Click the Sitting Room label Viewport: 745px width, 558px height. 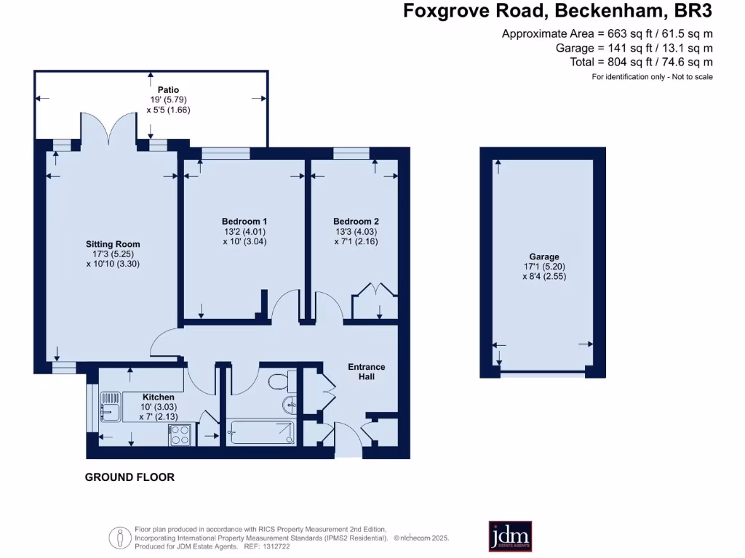[x=112, y=244]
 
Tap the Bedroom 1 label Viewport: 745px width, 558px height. [x=244, y=221]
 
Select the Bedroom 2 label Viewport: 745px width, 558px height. [x=356, y=221]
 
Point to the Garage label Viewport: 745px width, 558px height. [x=544, y=256]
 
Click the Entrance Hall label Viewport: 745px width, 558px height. [x=367, y=371]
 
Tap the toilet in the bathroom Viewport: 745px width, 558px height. [x=280, y=381]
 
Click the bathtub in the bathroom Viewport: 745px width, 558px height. [x=260, y=434]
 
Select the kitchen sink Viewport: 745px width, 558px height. [x=110, y=408]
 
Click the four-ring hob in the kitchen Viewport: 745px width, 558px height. [x=180, y=434]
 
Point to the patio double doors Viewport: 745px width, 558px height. [x=108, y=127]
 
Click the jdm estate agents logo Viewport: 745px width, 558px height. [x=509, y=535]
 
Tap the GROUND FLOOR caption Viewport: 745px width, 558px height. [x=130, y=477]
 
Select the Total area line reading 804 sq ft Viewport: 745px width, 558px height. [x=641, y=62]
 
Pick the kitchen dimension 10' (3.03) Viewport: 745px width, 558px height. [x=158, y=407]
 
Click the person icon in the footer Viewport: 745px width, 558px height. [x=119, y=538]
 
